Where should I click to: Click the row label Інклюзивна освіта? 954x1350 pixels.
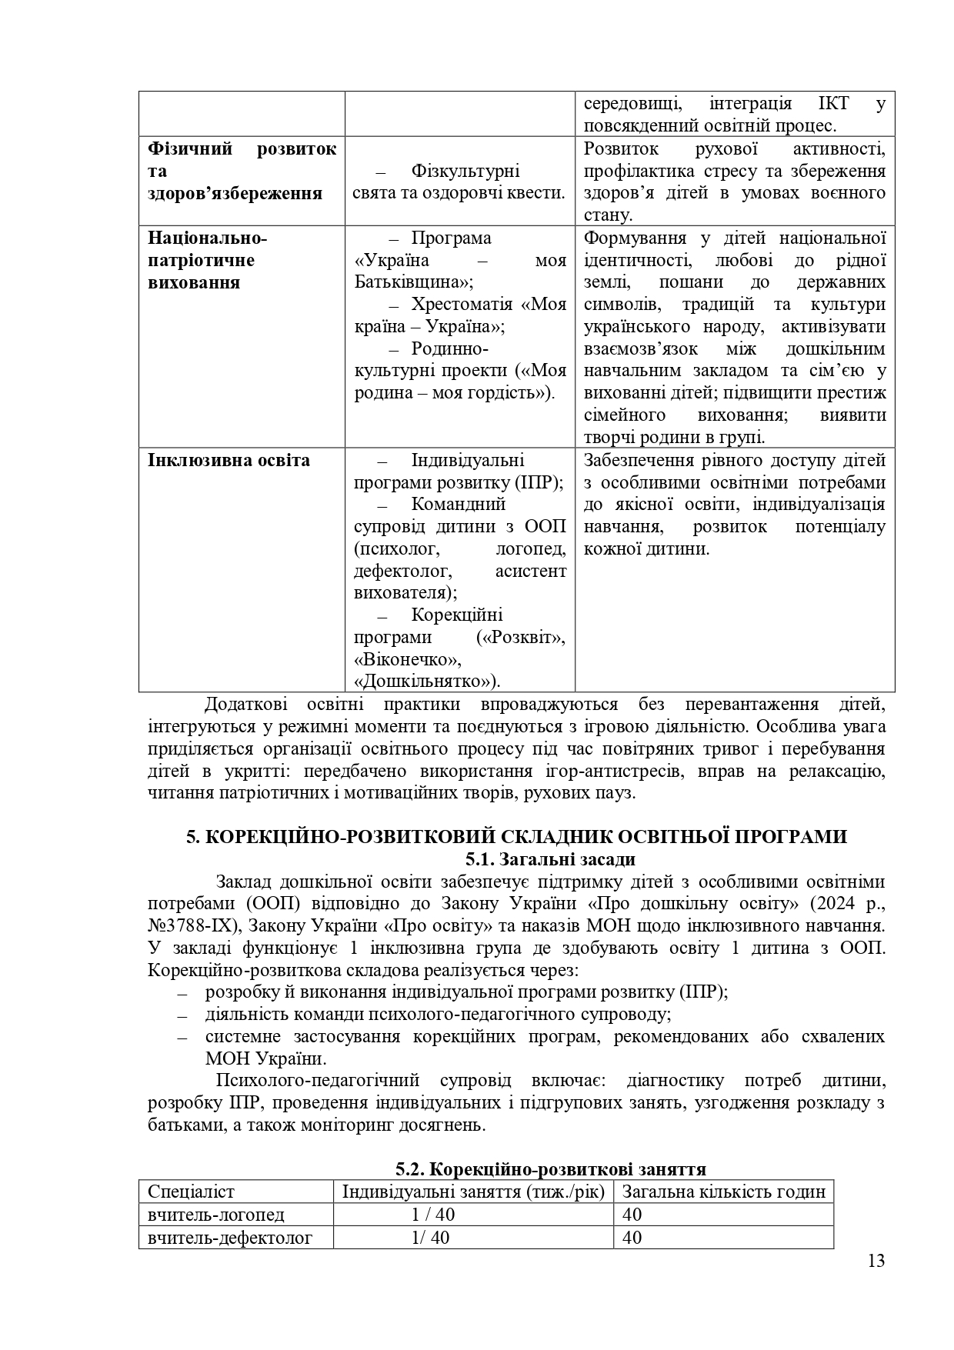(x=228, y=461)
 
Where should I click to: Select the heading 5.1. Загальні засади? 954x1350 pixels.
(x=550, y=859)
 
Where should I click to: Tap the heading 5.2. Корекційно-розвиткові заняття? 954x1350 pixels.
(x=551, y=1170)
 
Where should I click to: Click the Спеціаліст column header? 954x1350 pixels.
(x=191, y=1192)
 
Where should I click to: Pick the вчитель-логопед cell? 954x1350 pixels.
(x=216, y=1215)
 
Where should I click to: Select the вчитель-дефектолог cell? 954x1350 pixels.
(x=230, y=1238)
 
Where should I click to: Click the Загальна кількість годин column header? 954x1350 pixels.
(x=723, y=1192)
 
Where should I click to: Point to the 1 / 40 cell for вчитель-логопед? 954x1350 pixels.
(x=433, y=1215)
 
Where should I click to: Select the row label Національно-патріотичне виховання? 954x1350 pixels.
(x=207, y=260)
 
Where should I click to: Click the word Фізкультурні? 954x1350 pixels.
(x=465, y=171)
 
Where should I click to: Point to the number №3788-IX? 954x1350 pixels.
(x=193, y=925)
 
